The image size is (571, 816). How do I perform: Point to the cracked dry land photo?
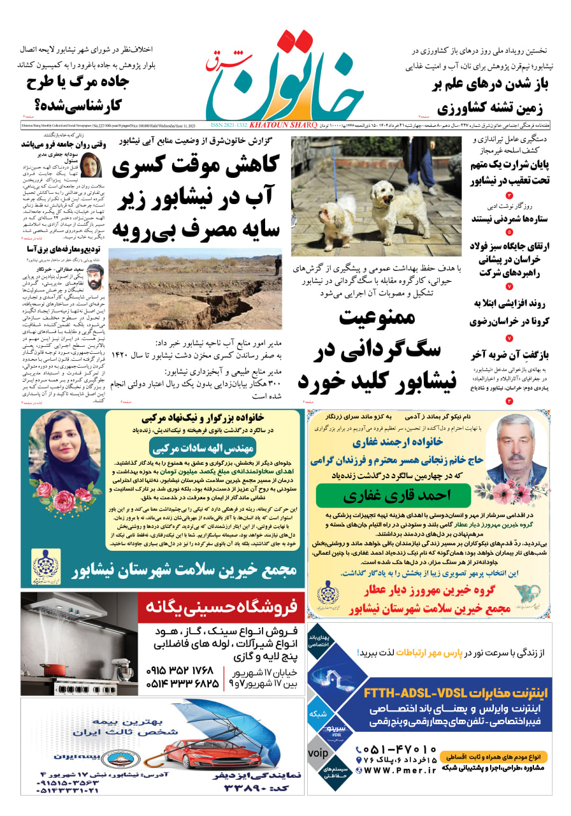[x=194, y=289]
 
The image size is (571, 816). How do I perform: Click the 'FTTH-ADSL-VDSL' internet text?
[x=425, y=692]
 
